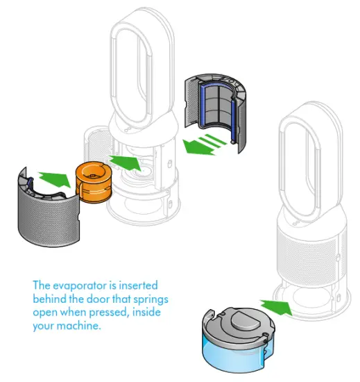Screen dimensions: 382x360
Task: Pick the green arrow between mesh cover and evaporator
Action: coord(54,177)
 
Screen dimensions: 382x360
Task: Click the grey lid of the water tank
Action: coord(239,324)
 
